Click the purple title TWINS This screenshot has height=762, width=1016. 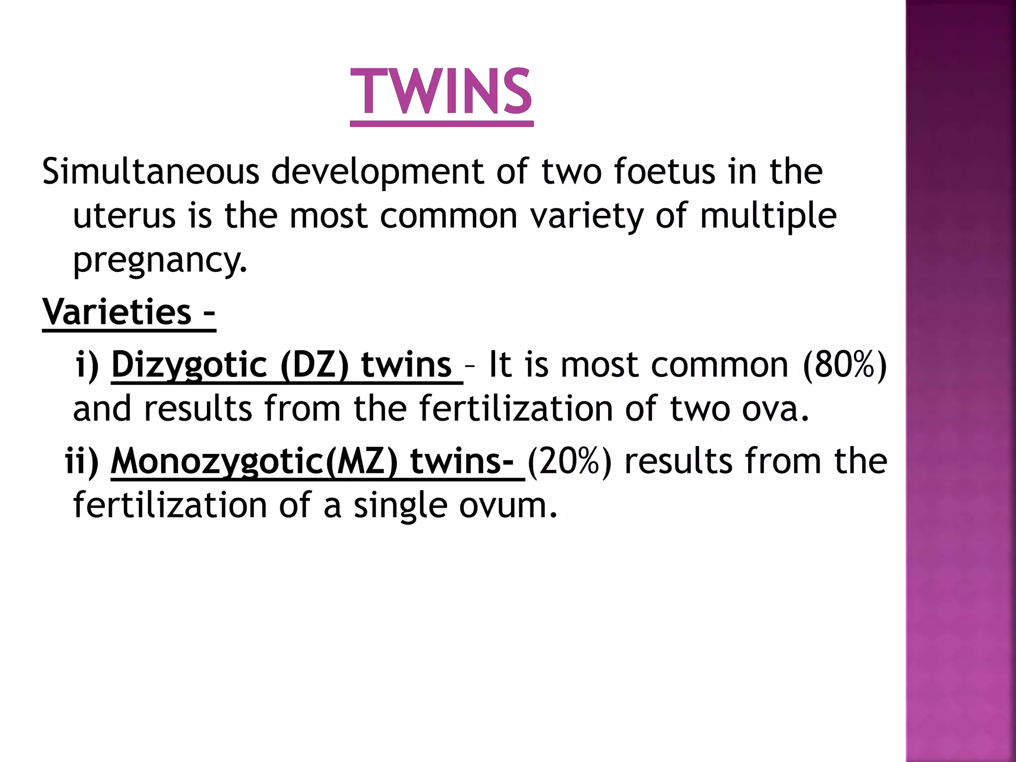(x=441, y=92)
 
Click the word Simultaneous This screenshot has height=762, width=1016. (x=151, y=171)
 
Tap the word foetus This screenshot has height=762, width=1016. (x=664, y=171)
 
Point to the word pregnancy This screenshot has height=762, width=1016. (x=160, y=260)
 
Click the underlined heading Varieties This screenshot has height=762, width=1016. (x=117, y=312)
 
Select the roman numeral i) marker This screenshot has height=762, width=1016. (x=88, y=365)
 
